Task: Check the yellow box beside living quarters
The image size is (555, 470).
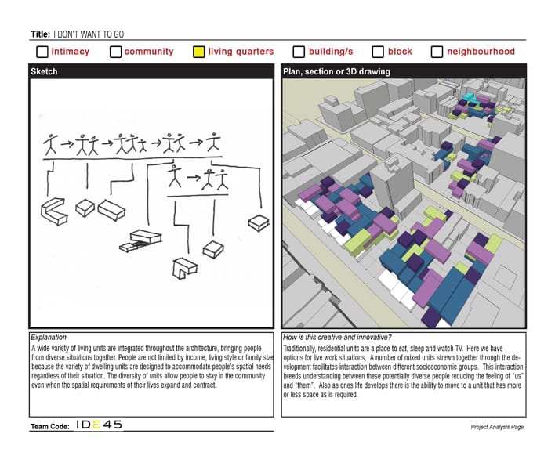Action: [198, 52]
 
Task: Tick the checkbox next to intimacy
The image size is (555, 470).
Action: [42, 52]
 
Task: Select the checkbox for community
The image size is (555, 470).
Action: [115, 52]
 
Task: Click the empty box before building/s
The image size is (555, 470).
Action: [299, 52]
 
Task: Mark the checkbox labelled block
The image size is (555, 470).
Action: [378, 52]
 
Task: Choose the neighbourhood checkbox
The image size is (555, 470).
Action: [437, 52]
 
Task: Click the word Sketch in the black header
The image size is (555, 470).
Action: [44, 71]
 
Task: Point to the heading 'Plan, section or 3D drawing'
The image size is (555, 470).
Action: [336, 71]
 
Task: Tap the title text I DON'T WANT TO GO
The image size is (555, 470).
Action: [89, 34]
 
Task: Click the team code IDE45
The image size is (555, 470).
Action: [99, 425]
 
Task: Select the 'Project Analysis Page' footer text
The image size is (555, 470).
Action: [497, 427]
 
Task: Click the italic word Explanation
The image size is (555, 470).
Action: [49, 337]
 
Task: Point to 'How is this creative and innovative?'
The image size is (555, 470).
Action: [337, 337]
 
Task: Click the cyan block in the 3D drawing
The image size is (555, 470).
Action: [470, 98]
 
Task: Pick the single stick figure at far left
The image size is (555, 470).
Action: [51, 144]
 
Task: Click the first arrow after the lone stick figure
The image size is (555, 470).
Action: [67, 143]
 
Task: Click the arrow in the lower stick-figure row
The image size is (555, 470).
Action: [194, 177]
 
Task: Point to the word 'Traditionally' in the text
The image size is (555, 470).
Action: [299, 349]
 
